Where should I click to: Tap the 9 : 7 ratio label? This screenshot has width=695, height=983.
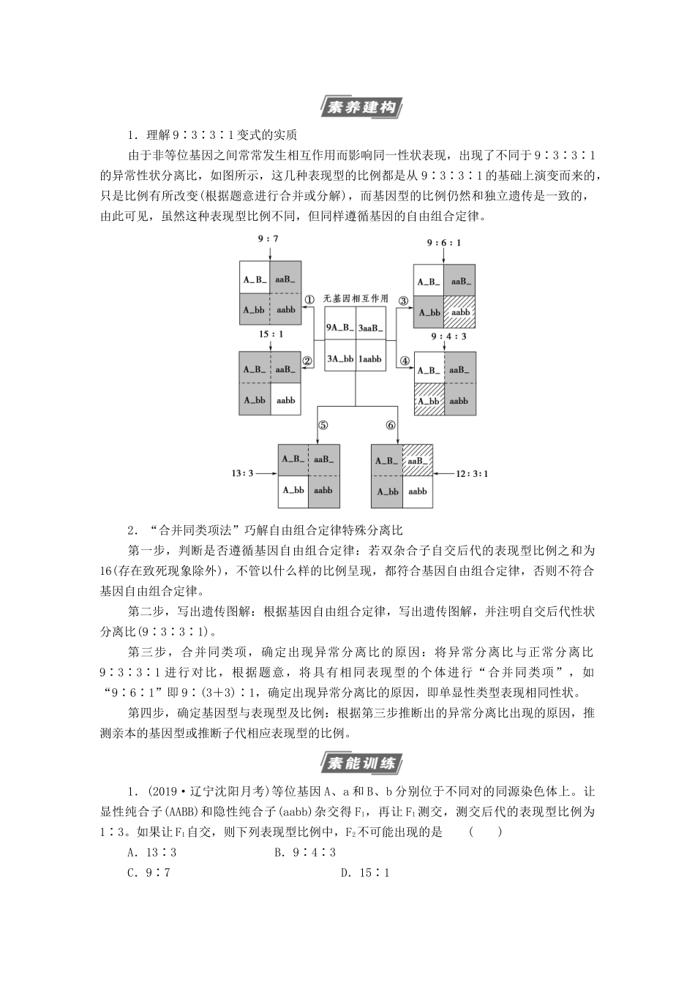pyautogui.click(x=268, y=238)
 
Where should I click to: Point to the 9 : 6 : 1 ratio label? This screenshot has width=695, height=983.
pyautogui.click(x=444, y=243)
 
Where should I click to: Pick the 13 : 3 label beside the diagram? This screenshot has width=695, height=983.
pyautogui.click(x=242, y=473)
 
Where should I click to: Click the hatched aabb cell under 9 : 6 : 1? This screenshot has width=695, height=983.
pyautogui.click(x=460, y=312)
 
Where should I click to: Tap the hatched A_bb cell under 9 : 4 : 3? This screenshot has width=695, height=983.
pyautogui.click(x=429, y=401)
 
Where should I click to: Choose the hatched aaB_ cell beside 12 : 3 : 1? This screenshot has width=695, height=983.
pyautogui.click(x=417, y=460)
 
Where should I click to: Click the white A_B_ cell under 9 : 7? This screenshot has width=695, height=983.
pyautogui.click(x=255, y=279)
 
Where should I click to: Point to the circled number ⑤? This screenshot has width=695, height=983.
pyautogui.click(x=323, y=426)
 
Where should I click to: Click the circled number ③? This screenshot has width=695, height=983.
pyautogui.click(x=402, y=300)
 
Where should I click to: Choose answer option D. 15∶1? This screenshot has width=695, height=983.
pyautogui.click(x=364, y=873)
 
